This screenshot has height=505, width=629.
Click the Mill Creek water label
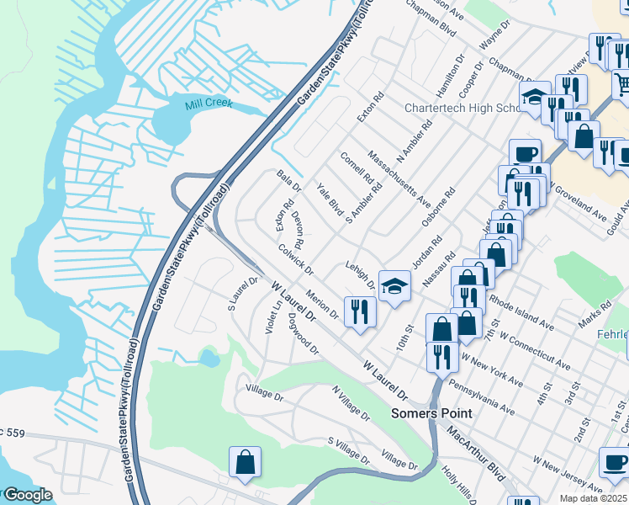209,105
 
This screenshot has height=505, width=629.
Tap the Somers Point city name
431,414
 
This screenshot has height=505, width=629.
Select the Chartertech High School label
465,109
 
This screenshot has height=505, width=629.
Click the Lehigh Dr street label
360,275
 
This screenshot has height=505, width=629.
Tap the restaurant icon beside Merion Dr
360,311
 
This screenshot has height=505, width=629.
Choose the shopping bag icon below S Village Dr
245,461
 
